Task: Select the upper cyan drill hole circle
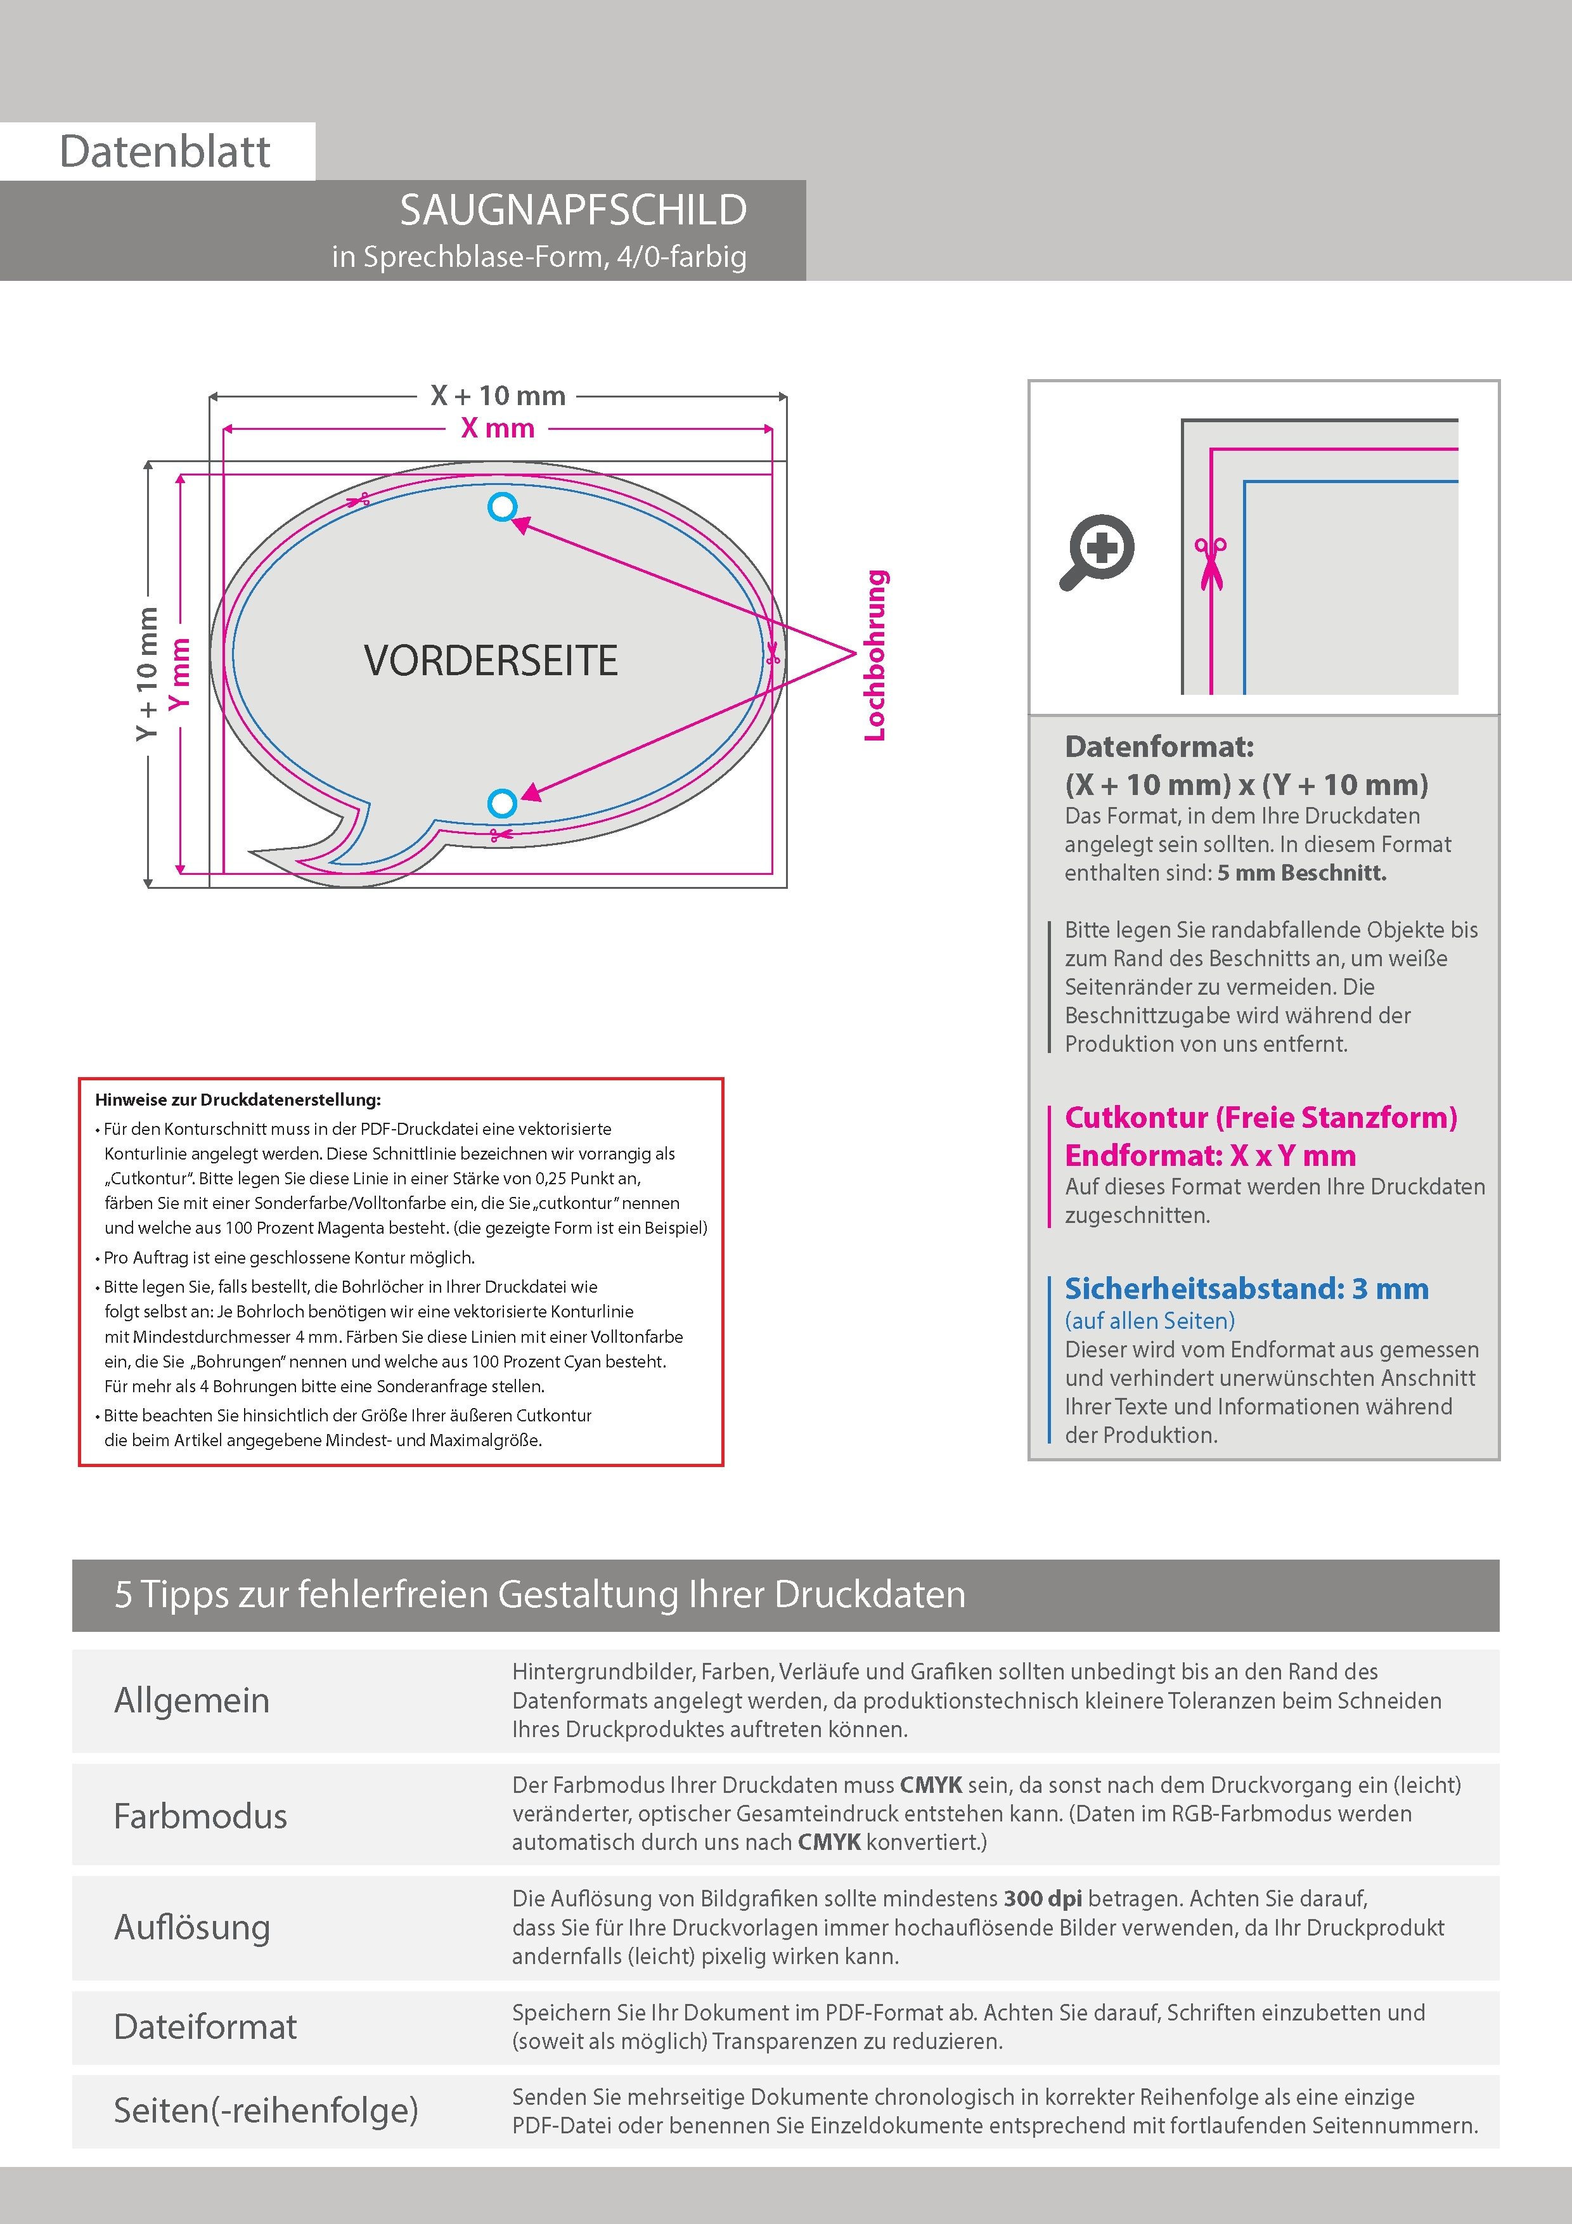click(502, 507)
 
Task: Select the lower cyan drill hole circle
click(502, 803)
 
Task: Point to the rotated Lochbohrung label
click(875, 656)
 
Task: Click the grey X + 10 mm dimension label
click(498, 396)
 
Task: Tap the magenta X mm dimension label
click(498, 428)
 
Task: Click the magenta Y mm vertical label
click(180, 673)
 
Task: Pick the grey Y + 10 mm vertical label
click(147, 673)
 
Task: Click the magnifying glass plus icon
click(1097, 551)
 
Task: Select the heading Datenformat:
click(1159, 747)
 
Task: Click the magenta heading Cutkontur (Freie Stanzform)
click(1260, 1118)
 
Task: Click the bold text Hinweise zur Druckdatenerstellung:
click(238, 1099)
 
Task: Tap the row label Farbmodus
click(200, 1816)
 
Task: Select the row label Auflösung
click(192, 1927)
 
